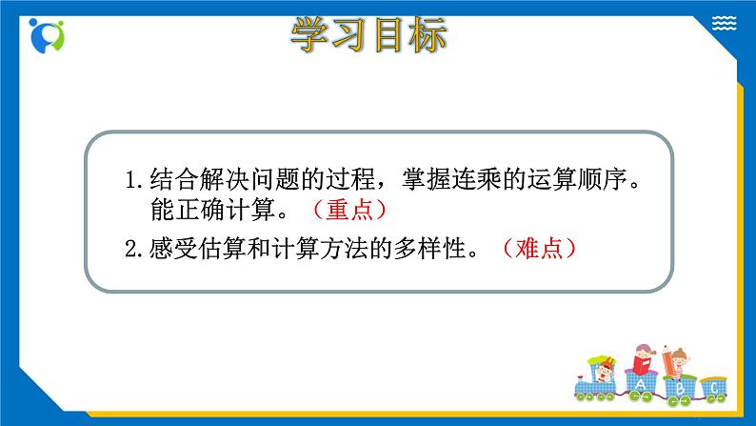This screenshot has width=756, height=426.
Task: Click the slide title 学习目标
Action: tap(367, 39)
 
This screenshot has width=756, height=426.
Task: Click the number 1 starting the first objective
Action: tap(132, 178)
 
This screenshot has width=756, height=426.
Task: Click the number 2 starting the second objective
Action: tap(132, 249)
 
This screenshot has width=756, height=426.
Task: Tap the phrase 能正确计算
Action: tap(212, 208)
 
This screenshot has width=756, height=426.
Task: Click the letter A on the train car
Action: tap(641, 386)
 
